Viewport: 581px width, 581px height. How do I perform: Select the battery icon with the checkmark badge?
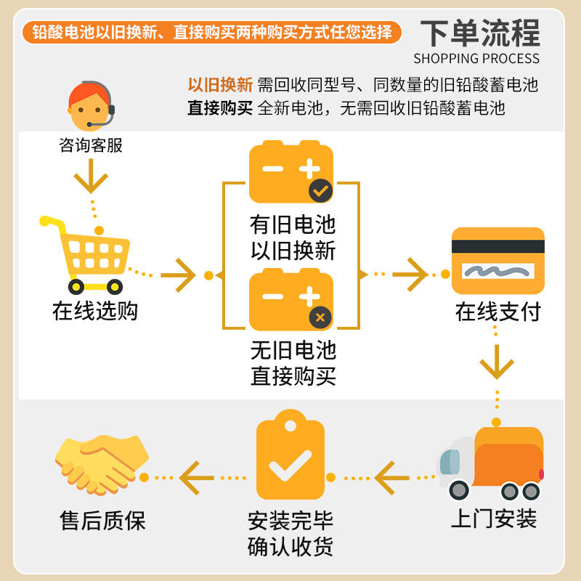point(291,172)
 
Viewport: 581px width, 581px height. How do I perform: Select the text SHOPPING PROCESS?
point(476,59)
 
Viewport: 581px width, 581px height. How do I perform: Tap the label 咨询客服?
point(91,145)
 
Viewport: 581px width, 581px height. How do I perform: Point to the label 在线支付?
point(498,312)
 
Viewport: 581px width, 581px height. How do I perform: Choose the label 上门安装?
point(494,519)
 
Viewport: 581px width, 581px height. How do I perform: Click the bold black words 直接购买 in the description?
point(220,108)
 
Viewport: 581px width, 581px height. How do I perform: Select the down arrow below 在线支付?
point(497,362)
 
